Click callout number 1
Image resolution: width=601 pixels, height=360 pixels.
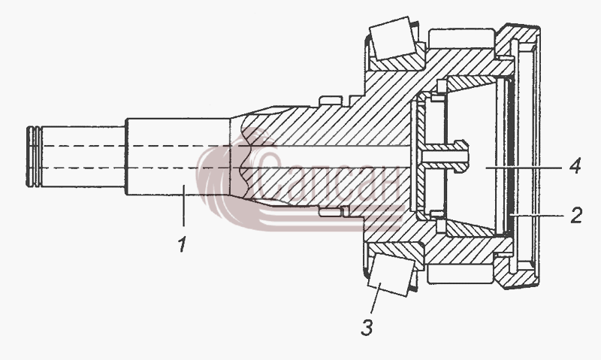tap(183, 244)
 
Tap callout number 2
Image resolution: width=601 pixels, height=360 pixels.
tap(575, 216)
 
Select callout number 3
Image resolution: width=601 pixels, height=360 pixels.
tap(367, 328)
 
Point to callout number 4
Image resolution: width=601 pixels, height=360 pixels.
tap(575, 167)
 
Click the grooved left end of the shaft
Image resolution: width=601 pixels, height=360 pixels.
tap(34, 157)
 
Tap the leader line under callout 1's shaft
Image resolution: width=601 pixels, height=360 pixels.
tap(183, 205)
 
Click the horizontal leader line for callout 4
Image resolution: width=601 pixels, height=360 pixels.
tap(524, 168)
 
